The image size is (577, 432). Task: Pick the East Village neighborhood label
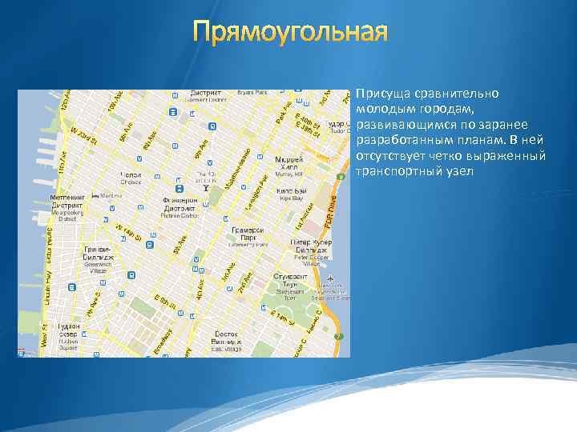(227, 341)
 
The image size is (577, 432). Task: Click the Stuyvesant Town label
(286, 285)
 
